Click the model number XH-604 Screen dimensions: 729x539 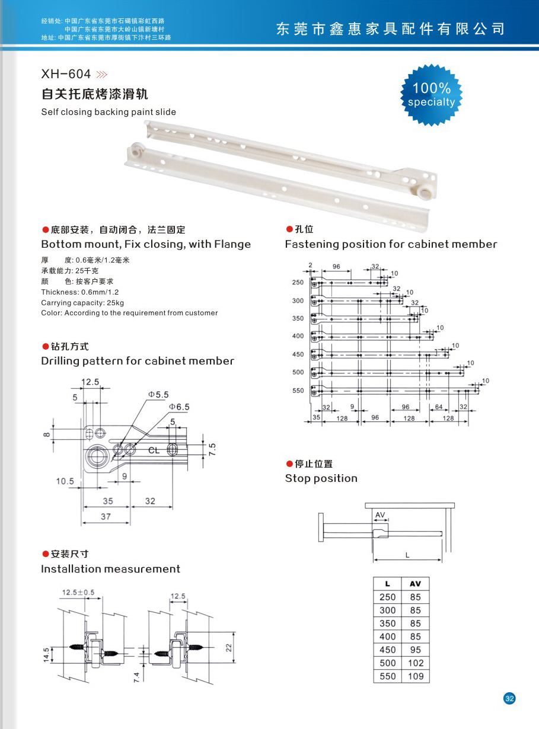66,74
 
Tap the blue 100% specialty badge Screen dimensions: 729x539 432,95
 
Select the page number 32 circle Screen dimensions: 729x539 509,698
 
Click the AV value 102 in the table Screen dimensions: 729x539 416,663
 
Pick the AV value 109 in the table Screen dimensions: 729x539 416,676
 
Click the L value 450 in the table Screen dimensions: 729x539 387,650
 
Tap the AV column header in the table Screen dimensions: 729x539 415,584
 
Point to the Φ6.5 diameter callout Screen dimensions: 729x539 178,407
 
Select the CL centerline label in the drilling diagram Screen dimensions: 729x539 154,450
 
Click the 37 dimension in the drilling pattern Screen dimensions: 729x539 106,517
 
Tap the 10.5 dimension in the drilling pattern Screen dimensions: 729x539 65,481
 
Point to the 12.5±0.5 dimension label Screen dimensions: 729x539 78,592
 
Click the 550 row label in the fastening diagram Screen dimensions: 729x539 298,391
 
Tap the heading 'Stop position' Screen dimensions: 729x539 321,478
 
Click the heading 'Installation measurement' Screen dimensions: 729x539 110,569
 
